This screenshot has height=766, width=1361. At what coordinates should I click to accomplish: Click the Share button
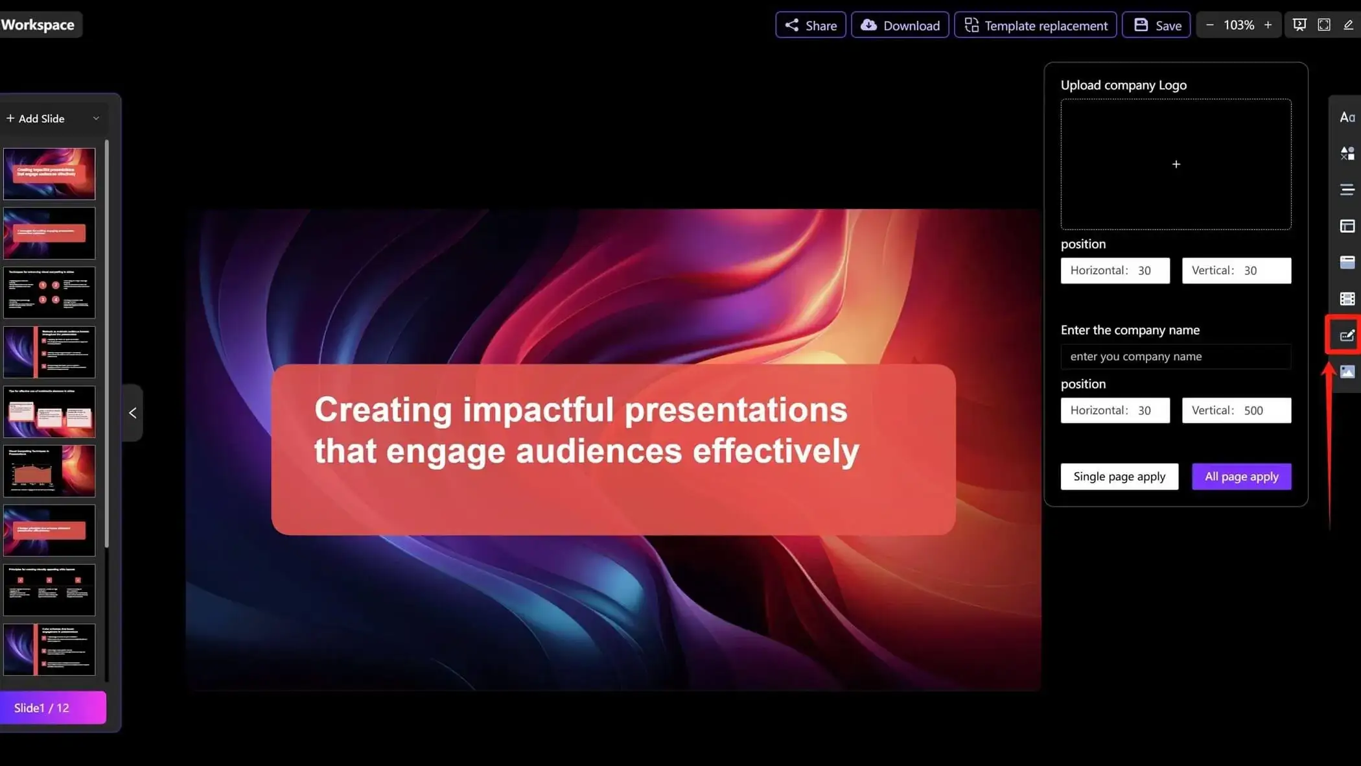tap(810, 25)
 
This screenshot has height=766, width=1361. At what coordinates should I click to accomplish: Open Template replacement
tap(1035, 25)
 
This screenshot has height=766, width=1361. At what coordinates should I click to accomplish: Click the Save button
tap(1156, 25)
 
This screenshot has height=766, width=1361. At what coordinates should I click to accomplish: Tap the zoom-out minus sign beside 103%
tap(1209, 25)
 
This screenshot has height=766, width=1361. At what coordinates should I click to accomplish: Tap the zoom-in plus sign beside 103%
tap(1268, 25)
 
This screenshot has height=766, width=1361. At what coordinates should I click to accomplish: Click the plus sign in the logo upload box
tap(1176, 165)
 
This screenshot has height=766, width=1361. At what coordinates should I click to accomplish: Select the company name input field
tap(1175, 357)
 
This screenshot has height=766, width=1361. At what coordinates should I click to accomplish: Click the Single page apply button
tap(1119, 477)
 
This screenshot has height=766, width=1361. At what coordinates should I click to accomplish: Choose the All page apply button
tap(1241, 477)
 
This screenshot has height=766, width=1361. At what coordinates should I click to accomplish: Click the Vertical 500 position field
tap(1236, 411)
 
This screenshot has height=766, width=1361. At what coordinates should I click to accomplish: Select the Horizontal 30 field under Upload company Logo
tap(1115, 270)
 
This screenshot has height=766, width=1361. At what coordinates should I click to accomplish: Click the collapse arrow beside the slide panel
tap(132, 413)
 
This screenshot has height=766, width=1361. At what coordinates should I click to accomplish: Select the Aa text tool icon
tap(1347, 117)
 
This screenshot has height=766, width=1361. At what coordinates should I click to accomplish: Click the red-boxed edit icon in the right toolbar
tap(1346, 335)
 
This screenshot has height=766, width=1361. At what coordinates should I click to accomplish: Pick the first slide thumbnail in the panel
tap(49, 174)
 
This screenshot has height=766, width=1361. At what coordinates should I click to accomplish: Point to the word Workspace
tap(38, 25)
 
